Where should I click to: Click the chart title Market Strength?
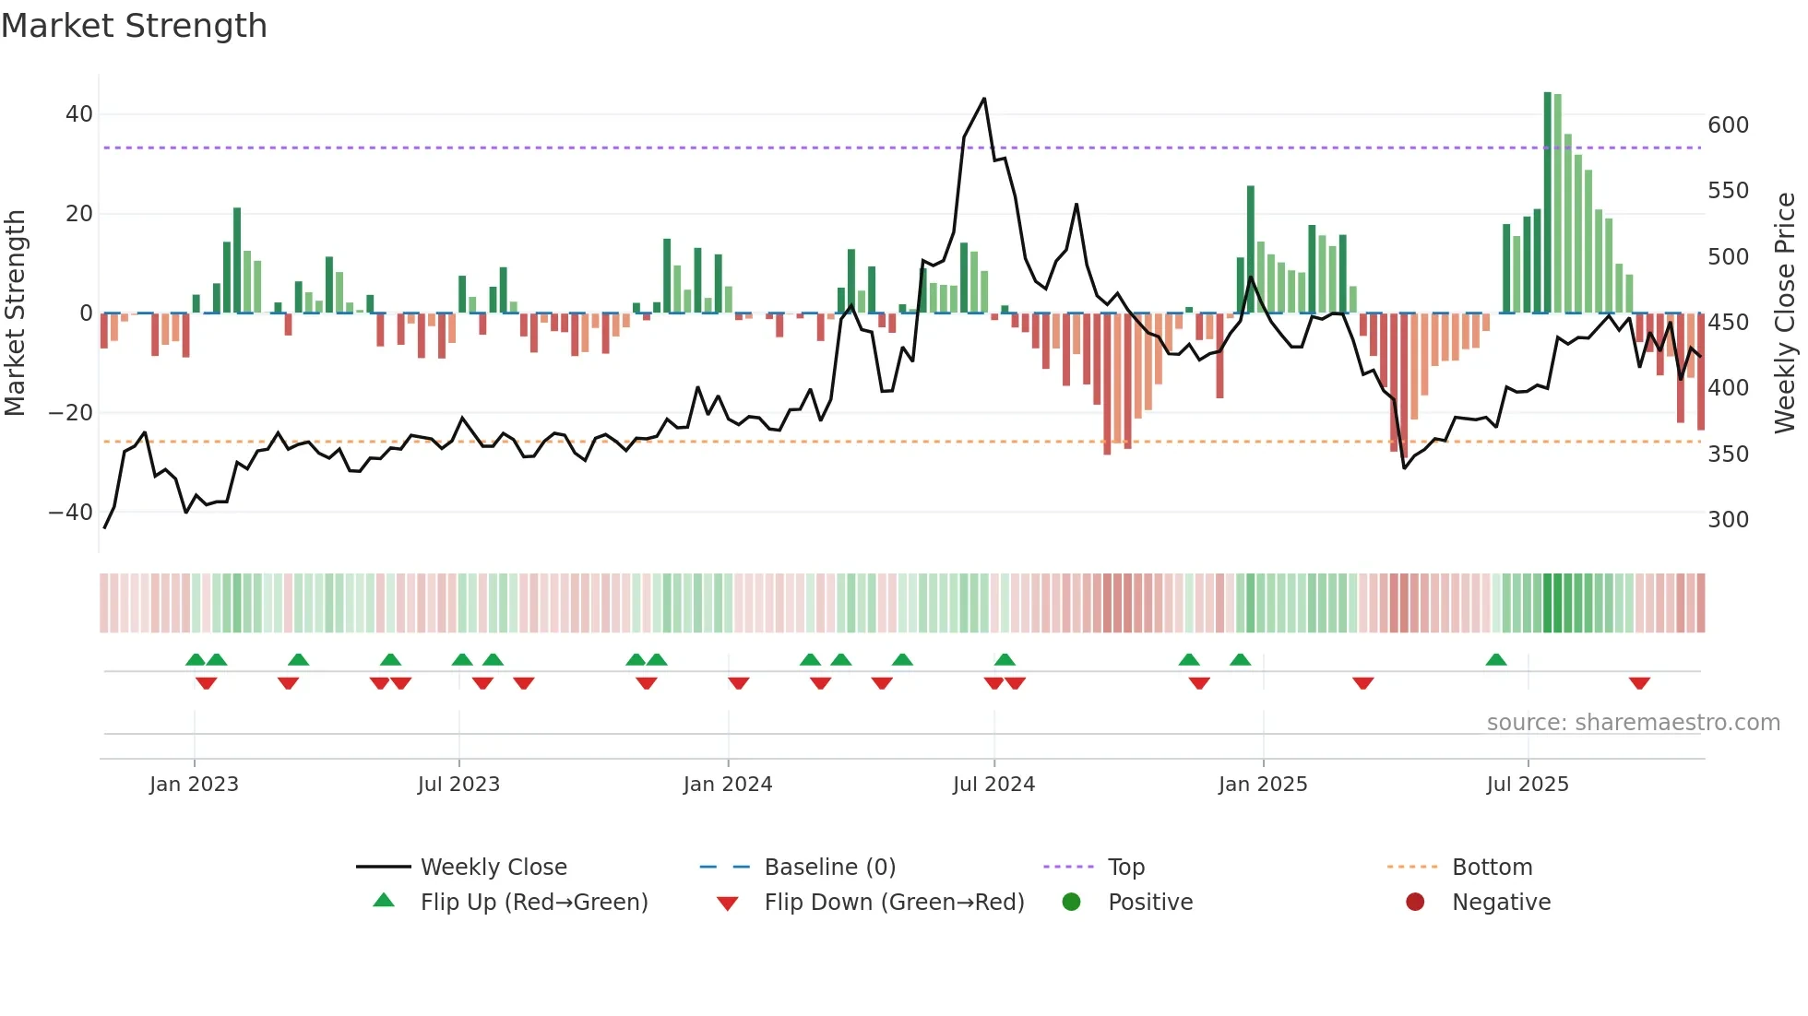pyautogui.click(x=135, y=26)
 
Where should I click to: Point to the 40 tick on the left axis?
pyautogui.click(x=79, y=114)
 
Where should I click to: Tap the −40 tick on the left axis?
pyautogui.click(x=71, y=513)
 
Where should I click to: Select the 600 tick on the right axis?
pyautogui.click(x=1728, y=125)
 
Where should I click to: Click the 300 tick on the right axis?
pyautogui.click(x=1728, y=520)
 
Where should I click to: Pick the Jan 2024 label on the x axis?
pyautogui.click(x=728, y=785)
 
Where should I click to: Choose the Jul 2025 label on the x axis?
pyautogui.click(x=1528, y=785)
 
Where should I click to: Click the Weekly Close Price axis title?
pyautogui.click(x=1785, y=313)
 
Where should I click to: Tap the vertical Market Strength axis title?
pyautogui.click(x=16, y=313)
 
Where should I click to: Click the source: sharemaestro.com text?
pyautogui.click(x=1633, y=723)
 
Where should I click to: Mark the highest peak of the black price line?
pyautogui.click(x=984, y=99)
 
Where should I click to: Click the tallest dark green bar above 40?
pyautogui.click(x=1548, y=203)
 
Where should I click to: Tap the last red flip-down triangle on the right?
pyautogui.click(x=1639, y=683)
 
